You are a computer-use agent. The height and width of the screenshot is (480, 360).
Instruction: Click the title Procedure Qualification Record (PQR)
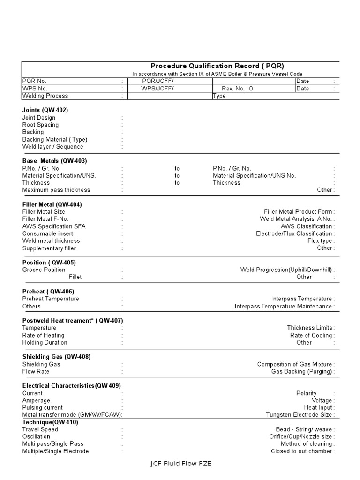point(217,66)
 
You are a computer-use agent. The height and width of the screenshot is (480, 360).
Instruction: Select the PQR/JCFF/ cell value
point(158,81)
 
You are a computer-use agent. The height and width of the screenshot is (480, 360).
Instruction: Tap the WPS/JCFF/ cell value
point(158,89)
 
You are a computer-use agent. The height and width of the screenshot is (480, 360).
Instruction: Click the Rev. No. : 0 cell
point(237,89)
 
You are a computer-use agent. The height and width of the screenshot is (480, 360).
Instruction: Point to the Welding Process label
point(45,96)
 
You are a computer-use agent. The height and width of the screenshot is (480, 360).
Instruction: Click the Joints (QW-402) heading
point(45,110)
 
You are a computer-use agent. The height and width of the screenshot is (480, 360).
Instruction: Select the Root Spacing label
point(40,125)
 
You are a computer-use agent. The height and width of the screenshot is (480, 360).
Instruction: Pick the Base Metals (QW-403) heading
point(54,161)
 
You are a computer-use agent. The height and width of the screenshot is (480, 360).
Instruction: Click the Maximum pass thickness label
point(56,190)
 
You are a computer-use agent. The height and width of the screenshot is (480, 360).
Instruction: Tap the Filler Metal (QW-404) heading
point(52,204)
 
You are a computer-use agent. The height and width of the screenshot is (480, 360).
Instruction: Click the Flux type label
point(320,241)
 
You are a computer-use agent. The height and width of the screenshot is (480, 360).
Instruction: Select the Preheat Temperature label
point(51,299)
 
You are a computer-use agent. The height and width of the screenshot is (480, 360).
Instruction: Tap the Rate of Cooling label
point(311,335)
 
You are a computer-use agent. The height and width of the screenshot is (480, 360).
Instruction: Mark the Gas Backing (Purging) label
point(301,372)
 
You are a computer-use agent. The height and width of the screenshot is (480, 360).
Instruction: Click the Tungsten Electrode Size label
point(299,415)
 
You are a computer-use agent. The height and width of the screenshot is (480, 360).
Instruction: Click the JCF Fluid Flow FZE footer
point(181,464)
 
